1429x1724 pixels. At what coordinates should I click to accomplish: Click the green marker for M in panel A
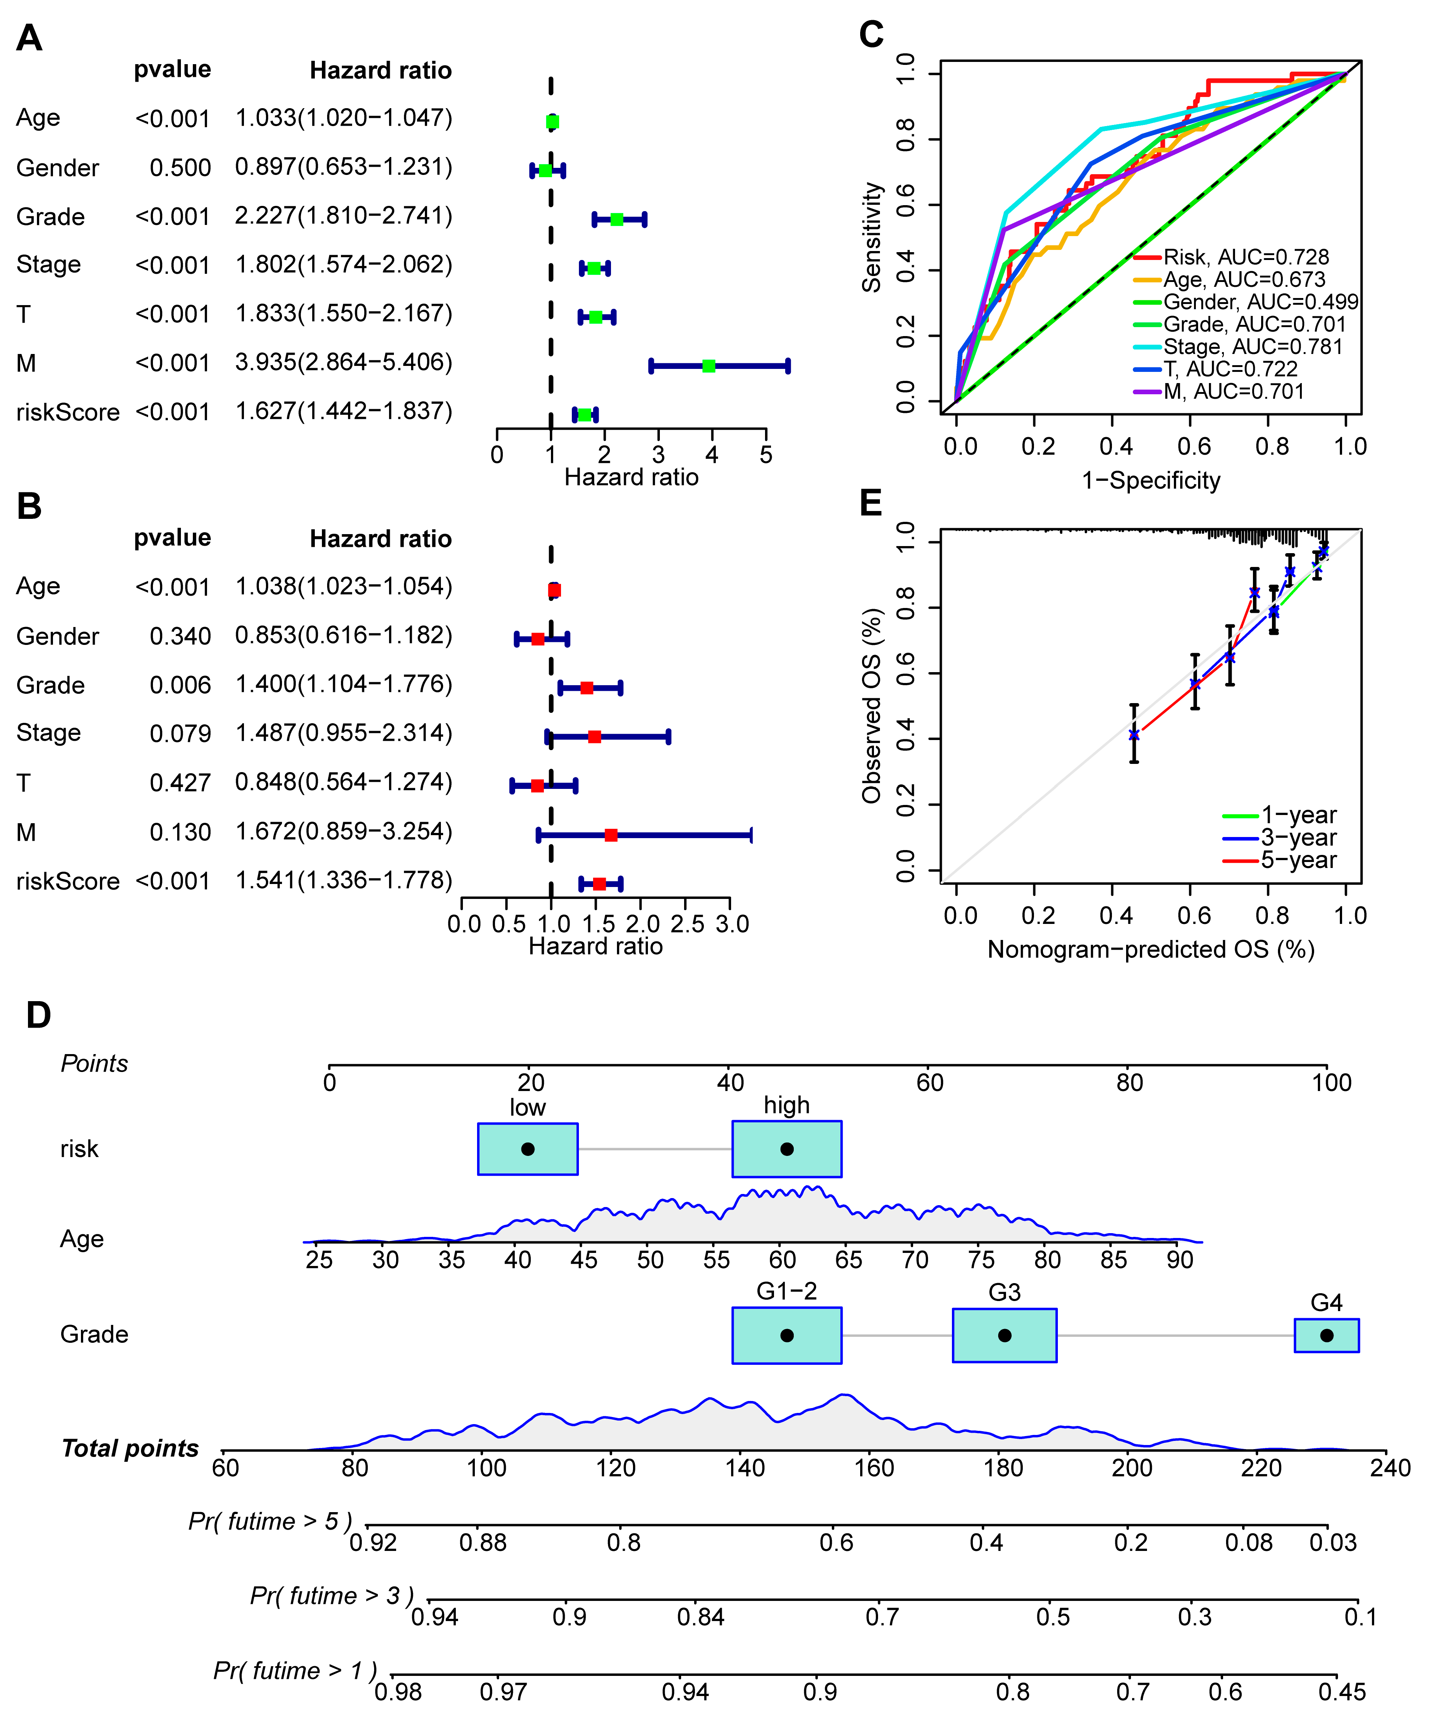[708, 366]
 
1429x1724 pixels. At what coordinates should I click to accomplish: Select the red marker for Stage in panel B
[594, 736]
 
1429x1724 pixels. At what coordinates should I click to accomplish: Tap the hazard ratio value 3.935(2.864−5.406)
[343, 362]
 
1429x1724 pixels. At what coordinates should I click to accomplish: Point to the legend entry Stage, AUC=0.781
[1252, 347]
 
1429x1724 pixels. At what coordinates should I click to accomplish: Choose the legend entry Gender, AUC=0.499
[1260, 302]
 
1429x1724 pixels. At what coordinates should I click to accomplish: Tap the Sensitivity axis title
[871, 237]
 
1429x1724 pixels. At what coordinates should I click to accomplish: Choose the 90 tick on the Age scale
[1179, 1259]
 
